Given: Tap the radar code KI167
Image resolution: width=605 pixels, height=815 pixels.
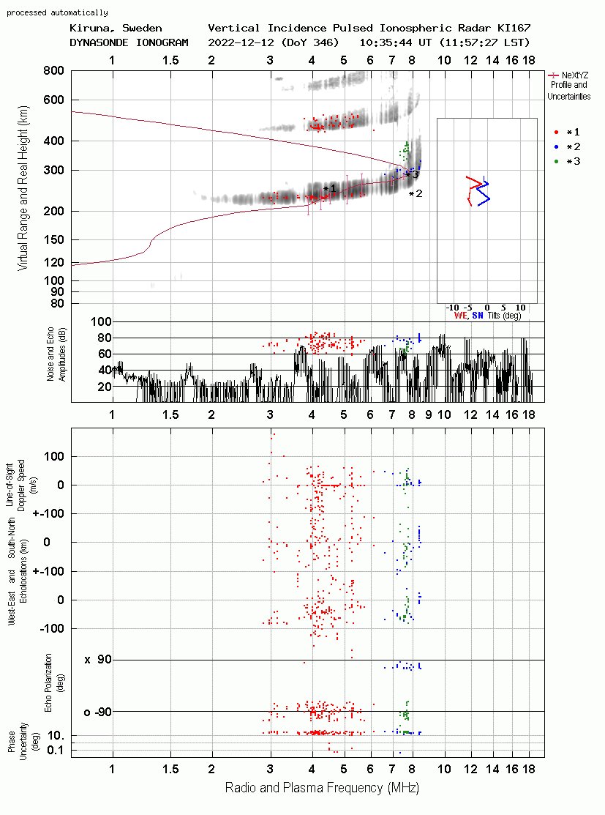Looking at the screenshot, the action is pos(514,28).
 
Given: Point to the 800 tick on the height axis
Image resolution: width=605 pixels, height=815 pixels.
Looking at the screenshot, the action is pos(54,70).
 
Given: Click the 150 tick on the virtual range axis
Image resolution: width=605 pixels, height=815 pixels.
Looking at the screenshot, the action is pos(54,239).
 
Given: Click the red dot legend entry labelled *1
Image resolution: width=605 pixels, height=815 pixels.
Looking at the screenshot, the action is pos(568,132).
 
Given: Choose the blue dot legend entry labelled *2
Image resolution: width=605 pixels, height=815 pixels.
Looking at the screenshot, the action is pos(568,146).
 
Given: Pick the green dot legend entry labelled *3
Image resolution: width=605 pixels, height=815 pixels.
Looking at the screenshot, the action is pos(568,161).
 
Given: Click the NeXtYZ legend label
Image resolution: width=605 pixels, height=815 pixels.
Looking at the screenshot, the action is pos(575,75).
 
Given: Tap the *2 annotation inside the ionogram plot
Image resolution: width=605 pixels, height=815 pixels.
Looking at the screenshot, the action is pos(416,194).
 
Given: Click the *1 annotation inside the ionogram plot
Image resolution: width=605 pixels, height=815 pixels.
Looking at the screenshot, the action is pos(330,189).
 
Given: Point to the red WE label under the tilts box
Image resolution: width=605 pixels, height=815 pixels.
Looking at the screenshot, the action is pos(461,316).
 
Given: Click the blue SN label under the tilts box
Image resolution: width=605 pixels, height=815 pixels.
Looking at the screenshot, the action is pos(478,316).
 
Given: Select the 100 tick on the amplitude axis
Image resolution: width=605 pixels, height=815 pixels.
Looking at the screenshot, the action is pos(101,321).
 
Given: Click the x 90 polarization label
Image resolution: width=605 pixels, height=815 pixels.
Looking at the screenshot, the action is pos(97,660).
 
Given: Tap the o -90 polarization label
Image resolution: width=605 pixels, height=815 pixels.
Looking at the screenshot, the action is pos(97,712).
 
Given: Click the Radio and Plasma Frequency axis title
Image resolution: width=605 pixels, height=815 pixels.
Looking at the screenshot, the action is pos(322,788).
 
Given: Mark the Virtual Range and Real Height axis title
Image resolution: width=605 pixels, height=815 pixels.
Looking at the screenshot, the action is pos(23,188).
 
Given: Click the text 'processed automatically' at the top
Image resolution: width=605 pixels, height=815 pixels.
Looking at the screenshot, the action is pos(57,12).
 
